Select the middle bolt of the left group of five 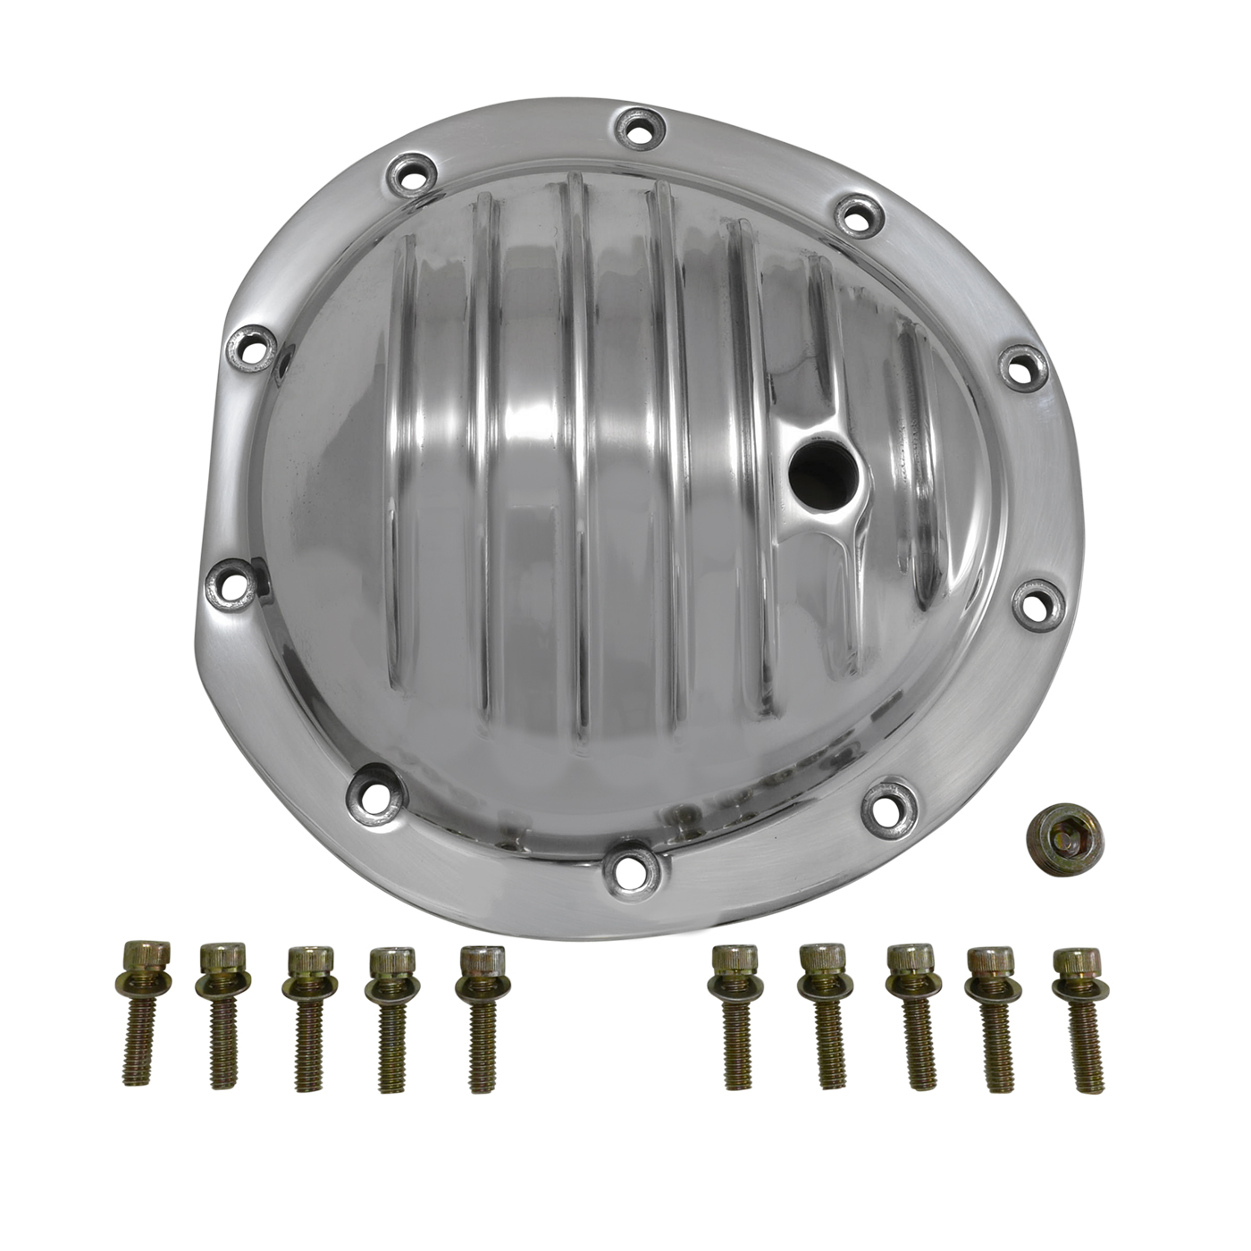click(x=306, y=1018)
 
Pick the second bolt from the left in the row click(x=220, y=1014)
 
